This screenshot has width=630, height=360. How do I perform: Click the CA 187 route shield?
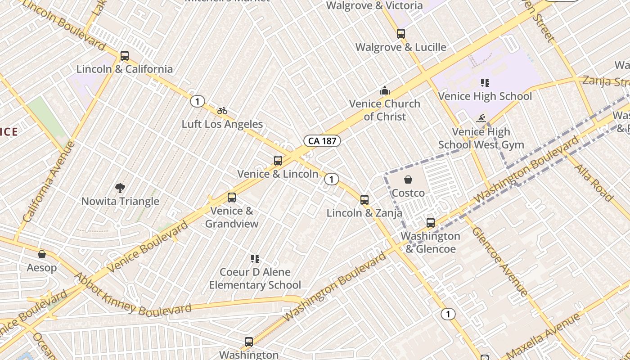322,141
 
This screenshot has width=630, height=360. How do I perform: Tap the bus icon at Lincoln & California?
125,56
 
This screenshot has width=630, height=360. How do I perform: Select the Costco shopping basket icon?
408,180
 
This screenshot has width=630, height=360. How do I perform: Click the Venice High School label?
485,96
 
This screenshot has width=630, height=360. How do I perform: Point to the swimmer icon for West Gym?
481,119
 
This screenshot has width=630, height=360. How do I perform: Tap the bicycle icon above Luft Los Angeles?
222,111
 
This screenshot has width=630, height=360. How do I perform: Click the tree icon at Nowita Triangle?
120,188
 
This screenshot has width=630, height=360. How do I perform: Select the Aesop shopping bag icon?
42,255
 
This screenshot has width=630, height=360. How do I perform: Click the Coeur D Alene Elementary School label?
255,279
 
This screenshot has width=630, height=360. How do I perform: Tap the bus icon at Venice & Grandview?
232,198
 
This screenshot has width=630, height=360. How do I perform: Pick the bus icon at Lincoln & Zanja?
364,200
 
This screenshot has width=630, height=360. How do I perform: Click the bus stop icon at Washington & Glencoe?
431,223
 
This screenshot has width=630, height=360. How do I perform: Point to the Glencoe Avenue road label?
499,261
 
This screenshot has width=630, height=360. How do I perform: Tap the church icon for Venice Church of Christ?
384,91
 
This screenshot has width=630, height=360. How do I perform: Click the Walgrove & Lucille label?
400,47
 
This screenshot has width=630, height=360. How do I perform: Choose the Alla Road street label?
594,182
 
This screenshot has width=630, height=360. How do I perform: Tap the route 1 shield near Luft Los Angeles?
197,101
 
